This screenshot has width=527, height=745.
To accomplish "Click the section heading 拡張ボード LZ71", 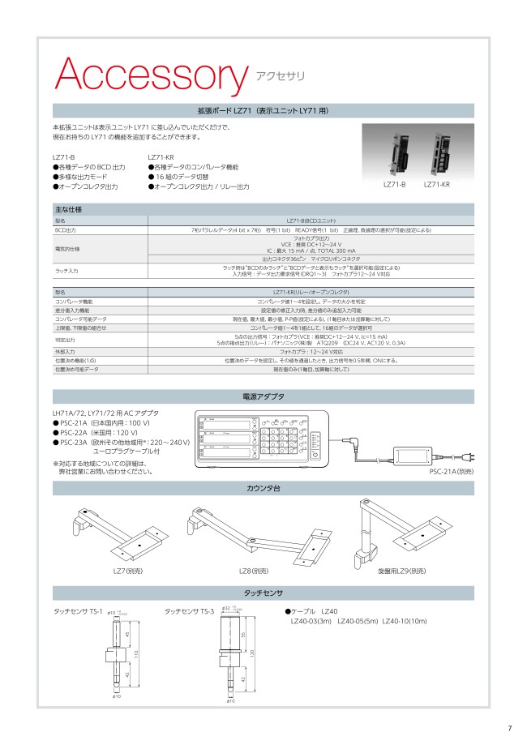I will coord(263,111).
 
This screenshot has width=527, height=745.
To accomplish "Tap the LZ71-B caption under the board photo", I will coord(393,185).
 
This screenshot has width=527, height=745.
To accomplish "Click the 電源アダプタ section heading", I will coord(263,397).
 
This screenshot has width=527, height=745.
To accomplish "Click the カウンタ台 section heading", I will coord(263,488).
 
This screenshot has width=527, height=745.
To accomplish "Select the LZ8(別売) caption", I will coord(254,571).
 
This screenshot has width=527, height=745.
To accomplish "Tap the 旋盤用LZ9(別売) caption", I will coord(401,571).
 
